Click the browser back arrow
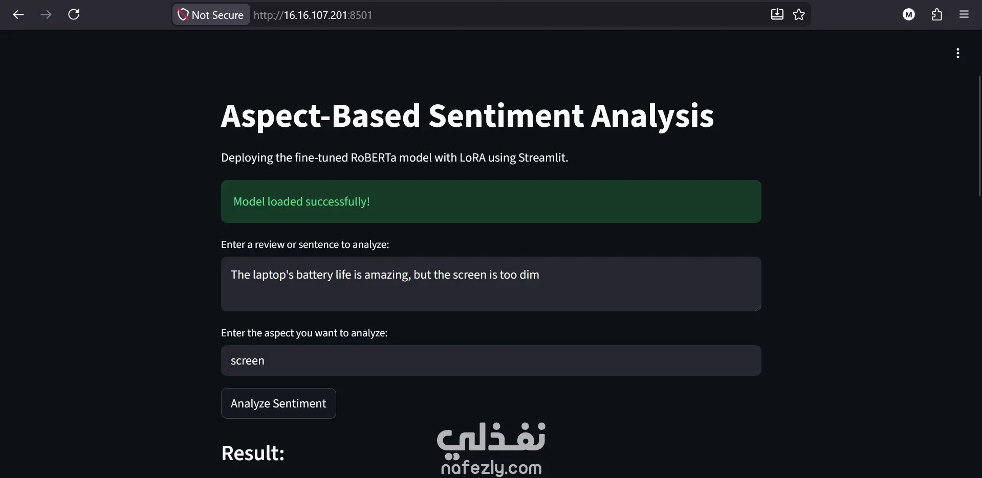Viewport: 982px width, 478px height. click(x=18, y=15)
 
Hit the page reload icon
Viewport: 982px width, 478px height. click(x=74, y=14)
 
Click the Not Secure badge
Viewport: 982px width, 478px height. click(x=211, y=15)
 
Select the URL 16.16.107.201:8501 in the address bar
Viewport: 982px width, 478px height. click(x=313, y=15)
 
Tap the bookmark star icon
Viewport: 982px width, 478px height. click(x=799, y=14)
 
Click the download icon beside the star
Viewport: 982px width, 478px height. click(x=777, y=14)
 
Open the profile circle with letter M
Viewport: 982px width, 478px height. click(x=909, y=15)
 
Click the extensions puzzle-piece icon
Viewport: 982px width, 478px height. click(x=936, y=15)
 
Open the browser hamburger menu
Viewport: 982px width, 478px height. click(x=964, y=14)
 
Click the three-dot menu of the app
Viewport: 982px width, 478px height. click(x=958, y=53)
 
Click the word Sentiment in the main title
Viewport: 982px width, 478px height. click(x=506, y=116)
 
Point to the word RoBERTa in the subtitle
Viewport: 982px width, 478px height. click(x=374, y=157)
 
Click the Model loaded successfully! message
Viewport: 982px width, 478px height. click(x=301, y=201)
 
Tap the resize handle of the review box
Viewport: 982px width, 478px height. click(x=758, y=307)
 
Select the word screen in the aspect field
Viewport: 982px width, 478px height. click(x=248, y=361)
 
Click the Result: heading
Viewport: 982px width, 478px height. click(x=253, y=453)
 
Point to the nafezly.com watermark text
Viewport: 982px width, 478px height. click(x=491, y=467)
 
